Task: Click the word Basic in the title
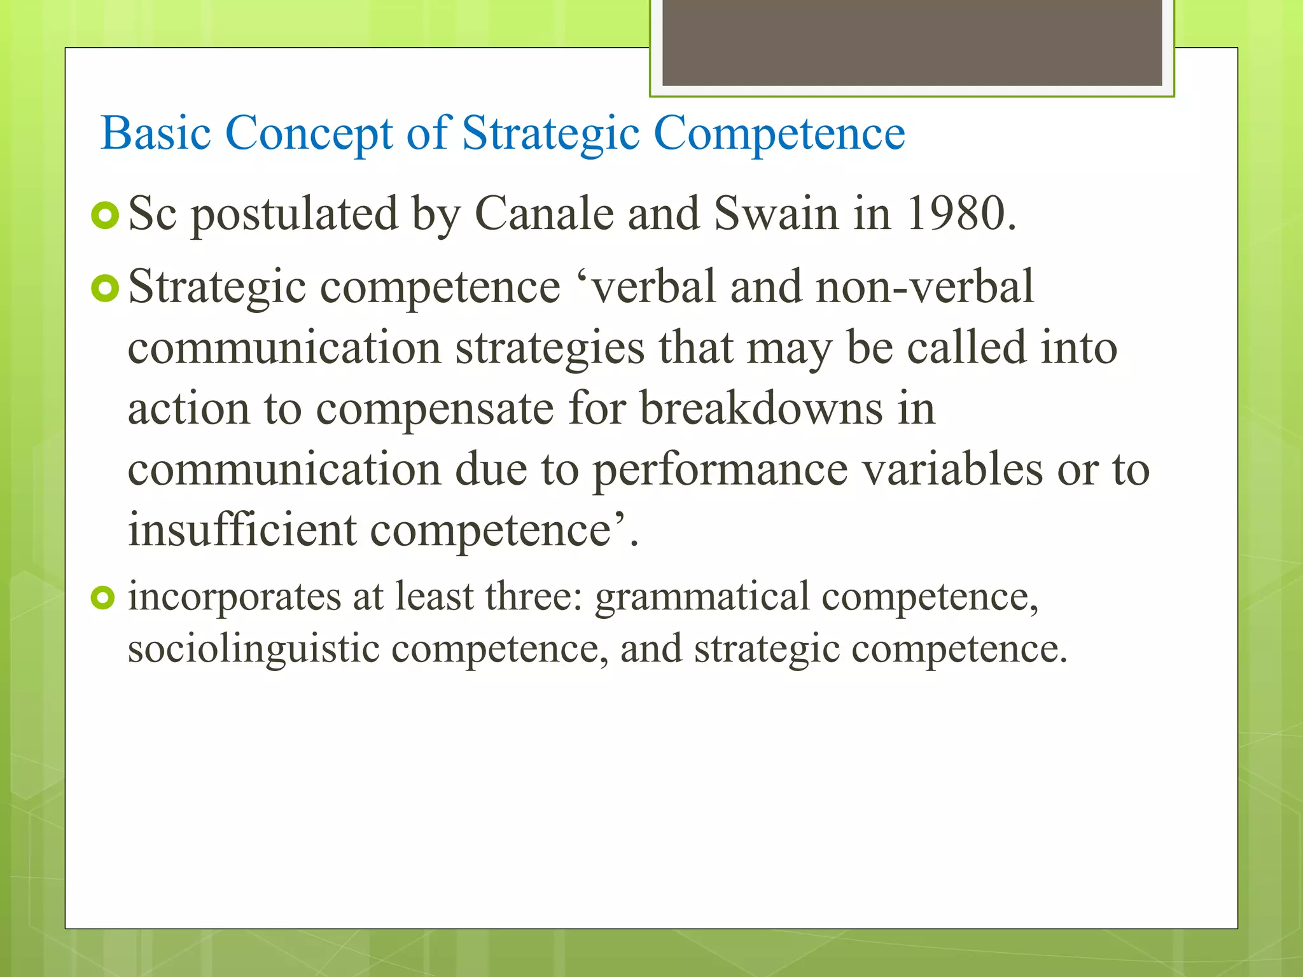coord(156,134)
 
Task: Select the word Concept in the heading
coord(309,134)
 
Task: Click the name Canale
coord(544,214)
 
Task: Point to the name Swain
coord(776,214)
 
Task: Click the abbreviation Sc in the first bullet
coord(152,214)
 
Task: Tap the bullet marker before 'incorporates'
coord(102,598)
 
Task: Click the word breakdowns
coord(761,408)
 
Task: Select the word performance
coord(720,471)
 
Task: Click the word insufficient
coord(242,529)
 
